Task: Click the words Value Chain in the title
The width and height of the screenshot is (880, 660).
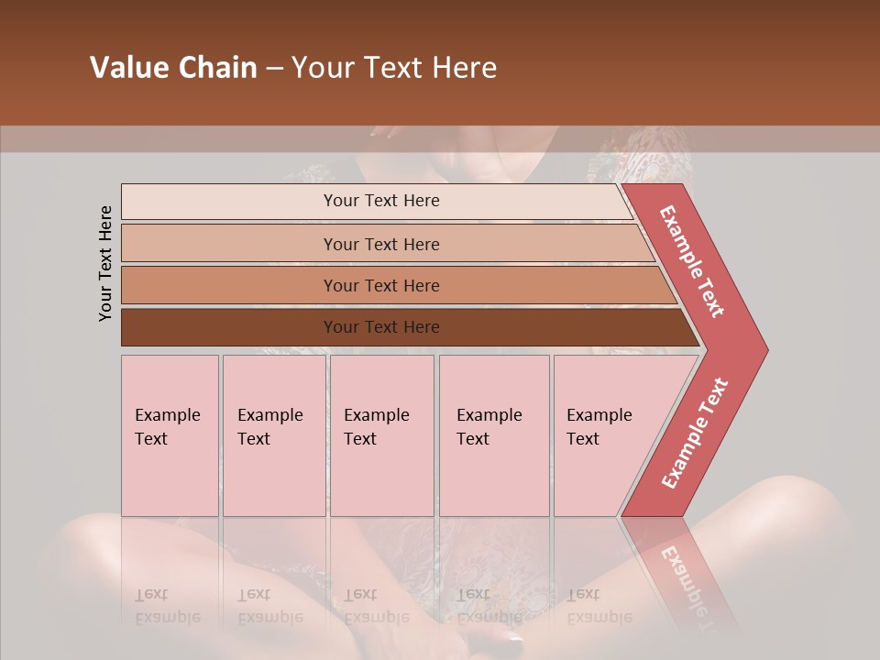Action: coord(173,68)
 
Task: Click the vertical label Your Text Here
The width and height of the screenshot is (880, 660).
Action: coord(105,264)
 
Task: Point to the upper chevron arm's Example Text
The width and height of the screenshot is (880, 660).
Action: coord(692,262)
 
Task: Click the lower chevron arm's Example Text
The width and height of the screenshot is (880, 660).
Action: coord(695,433)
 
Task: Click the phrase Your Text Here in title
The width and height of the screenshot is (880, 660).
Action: coord(394,68)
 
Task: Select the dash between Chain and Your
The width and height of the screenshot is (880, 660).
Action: coord(274,69)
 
